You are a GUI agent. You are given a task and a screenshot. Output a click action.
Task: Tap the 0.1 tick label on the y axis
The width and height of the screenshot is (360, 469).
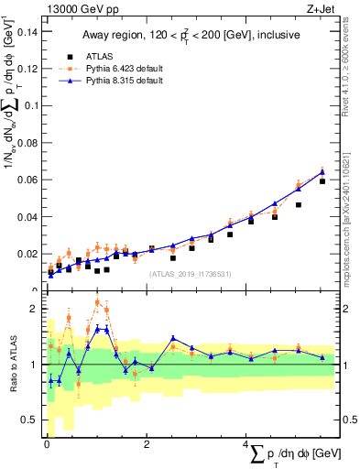28,105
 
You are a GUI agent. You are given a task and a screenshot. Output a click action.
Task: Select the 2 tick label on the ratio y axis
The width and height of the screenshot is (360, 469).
34,309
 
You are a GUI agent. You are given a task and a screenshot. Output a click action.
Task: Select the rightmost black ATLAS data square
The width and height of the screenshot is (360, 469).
322,181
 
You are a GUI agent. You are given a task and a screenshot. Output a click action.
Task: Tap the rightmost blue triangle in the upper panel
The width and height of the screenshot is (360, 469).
322,171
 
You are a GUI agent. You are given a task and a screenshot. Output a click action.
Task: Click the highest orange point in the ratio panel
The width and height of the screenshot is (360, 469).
97,301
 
